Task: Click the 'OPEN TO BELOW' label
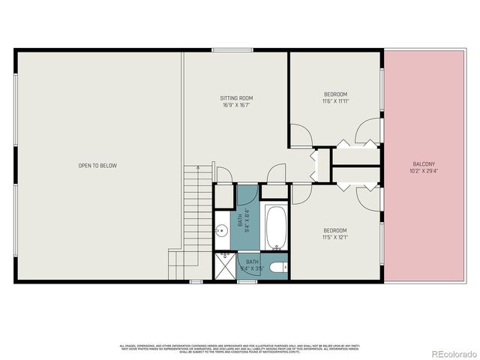[98, 166]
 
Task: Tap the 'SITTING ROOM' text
[235, 98]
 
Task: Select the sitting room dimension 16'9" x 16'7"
[235, 106]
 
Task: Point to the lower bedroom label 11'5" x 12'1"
[334, 234]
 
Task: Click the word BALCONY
[424, 164]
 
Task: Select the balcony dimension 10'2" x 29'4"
[424, 172]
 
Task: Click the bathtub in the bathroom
[274, 227]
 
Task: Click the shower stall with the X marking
[225, 266]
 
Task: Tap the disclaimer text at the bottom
[240, 348]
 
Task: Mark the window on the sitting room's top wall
[227, 50]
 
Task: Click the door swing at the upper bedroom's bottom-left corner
[300, 136]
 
